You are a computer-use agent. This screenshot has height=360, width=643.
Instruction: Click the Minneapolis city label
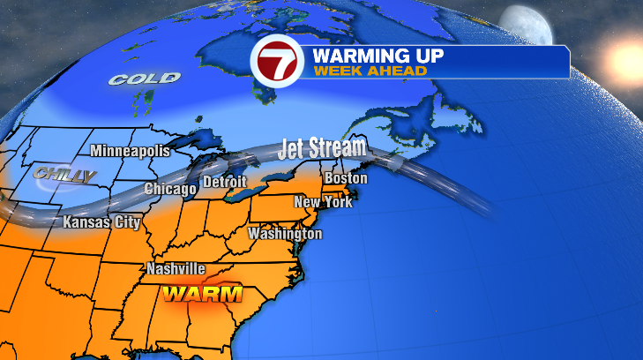point(130,150)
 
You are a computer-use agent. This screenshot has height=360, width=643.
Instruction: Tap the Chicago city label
point(170,190)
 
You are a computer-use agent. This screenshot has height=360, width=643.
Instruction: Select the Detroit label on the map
point(225,183)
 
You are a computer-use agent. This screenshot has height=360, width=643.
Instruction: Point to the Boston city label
point(345,178)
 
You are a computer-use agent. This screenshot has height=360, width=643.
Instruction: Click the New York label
point(323,202)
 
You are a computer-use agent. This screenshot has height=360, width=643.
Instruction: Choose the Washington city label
point(285,234)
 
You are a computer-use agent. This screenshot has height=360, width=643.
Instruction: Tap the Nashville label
point(176,268)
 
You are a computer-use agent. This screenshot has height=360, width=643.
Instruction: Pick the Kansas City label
point(101,222)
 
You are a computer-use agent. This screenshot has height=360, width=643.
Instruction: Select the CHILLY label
point(64,176)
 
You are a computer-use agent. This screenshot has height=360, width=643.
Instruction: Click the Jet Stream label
point(321,148)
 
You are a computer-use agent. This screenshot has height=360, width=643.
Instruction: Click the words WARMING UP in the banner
point(377,56)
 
